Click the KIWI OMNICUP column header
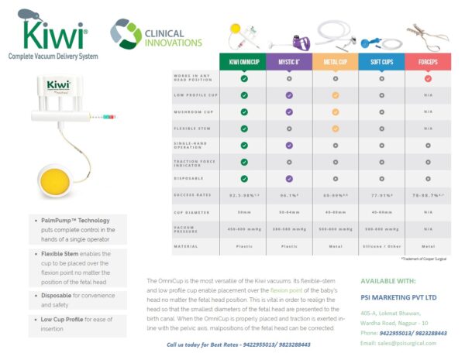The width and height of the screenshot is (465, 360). coord(243,61)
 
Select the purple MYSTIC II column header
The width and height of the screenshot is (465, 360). coord(289,61)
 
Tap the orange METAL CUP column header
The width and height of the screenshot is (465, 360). coord(335,61)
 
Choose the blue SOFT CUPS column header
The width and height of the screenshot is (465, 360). coord(381,61)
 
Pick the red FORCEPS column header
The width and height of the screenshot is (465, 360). coord(427,61)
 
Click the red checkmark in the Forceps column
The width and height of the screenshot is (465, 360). coord(427,78)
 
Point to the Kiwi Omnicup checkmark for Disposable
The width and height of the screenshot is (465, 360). coord(243,179)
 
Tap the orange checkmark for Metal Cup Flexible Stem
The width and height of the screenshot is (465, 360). coord(335,129)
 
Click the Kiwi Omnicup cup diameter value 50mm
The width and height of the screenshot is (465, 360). coord(243,211)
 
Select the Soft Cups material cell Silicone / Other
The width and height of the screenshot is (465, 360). coord(381,246)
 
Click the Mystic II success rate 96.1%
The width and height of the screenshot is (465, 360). coord(289,196)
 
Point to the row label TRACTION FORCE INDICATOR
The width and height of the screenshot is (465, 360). coord(190,162)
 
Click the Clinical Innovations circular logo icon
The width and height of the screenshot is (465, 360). coord(126,33)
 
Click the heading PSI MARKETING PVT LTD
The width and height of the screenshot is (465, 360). coord(398,297)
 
